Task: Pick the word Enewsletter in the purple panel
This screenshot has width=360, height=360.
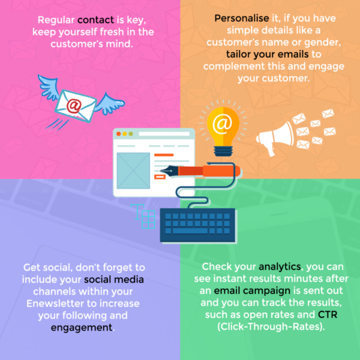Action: [57, 302]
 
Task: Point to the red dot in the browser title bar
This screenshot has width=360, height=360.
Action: [119, 133]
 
